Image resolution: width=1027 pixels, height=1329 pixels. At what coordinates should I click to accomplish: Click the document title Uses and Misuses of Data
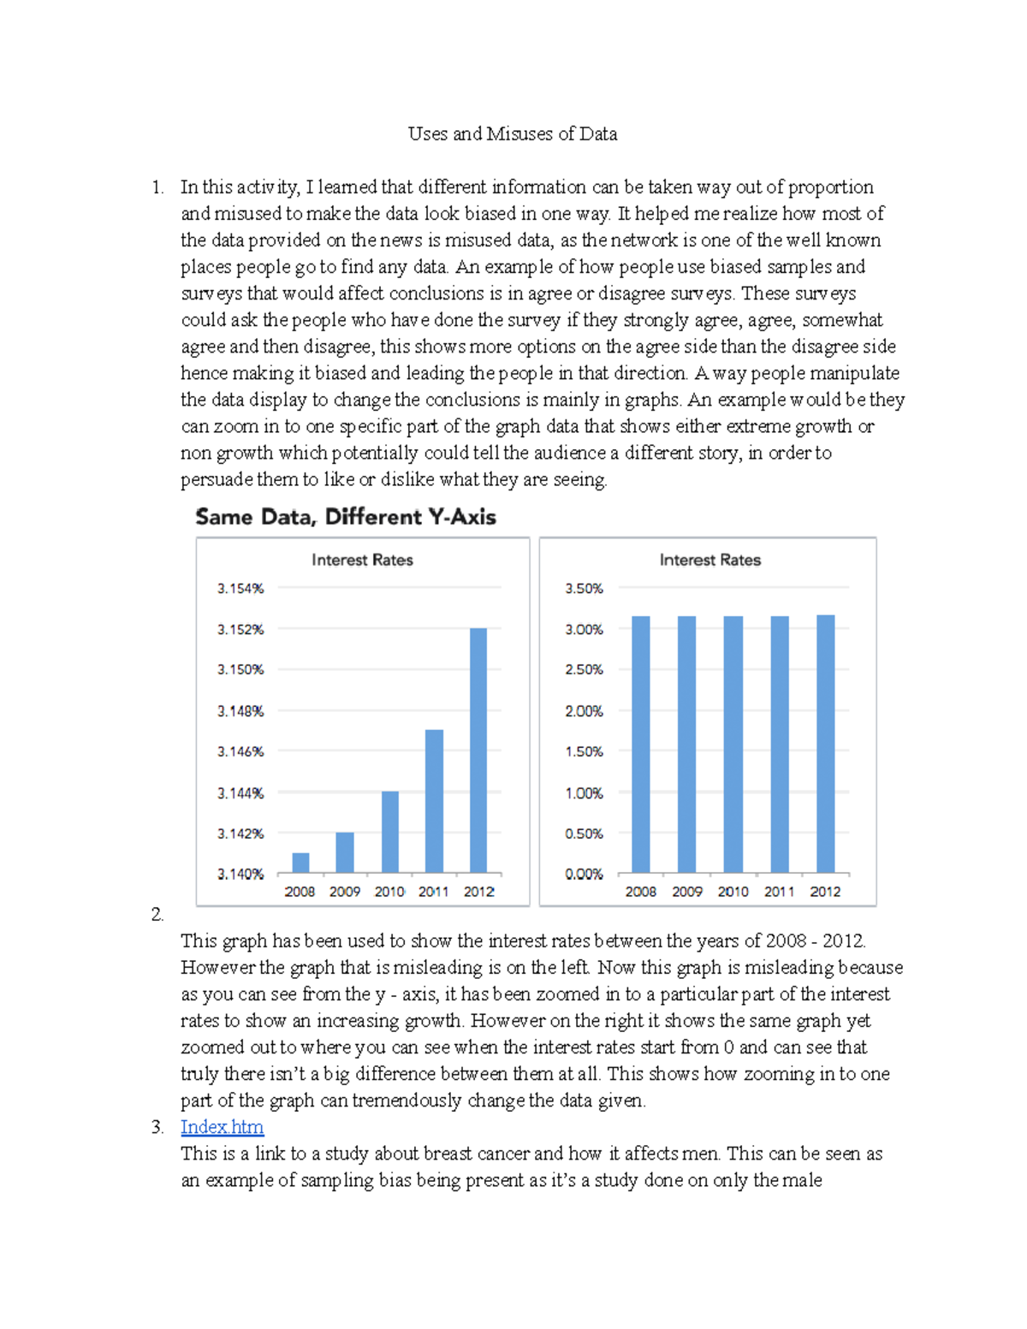[512, 133]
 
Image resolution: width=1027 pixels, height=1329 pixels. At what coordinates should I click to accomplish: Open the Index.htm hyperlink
[222, 1127]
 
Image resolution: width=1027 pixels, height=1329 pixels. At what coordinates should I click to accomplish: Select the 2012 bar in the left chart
[478, 750]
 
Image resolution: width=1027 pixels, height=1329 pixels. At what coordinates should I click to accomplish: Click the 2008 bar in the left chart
[300, 863]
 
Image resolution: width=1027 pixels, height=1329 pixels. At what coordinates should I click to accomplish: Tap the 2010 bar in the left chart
[389, 832]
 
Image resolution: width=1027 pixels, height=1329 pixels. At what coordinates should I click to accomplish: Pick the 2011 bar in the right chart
[780, 744]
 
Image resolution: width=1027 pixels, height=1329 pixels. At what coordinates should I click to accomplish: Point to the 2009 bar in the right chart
[686, 744]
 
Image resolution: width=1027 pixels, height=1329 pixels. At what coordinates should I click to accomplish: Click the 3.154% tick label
[240, 589]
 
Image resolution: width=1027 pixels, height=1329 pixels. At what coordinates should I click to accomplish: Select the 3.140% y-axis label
[240, 874]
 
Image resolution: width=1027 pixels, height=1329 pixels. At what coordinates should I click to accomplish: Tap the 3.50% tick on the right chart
[584, 589]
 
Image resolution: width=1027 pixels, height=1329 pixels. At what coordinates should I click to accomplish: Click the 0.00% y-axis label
[584, 874]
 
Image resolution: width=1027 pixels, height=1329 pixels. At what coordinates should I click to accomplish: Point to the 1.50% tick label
[584, 751]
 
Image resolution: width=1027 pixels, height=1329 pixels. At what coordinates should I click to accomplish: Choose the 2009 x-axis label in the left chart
[345, 892]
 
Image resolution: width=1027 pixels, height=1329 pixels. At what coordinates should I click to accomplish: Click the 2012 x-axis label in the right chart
[825, 892]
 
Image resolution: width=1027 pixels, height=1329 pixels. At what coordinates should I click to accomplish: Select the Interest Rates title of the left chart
[362, 560]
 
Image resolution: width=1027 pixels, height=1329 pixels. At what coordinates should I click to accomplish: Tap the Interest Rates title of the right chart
[709, 560]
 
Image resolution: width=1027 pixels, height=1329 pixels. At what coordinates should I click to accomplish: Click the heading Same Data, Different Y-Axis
[346, 517]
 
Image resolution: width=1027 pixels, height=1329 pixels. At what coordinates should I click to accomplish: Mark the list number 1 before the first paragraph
[157, 187]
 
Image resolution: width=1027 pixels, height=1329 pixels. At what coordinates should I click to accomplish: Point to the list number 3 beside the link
[157, 1127]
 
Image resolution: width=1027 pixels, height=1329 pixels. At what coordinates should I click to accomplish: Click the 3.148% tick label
[240, 711]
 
